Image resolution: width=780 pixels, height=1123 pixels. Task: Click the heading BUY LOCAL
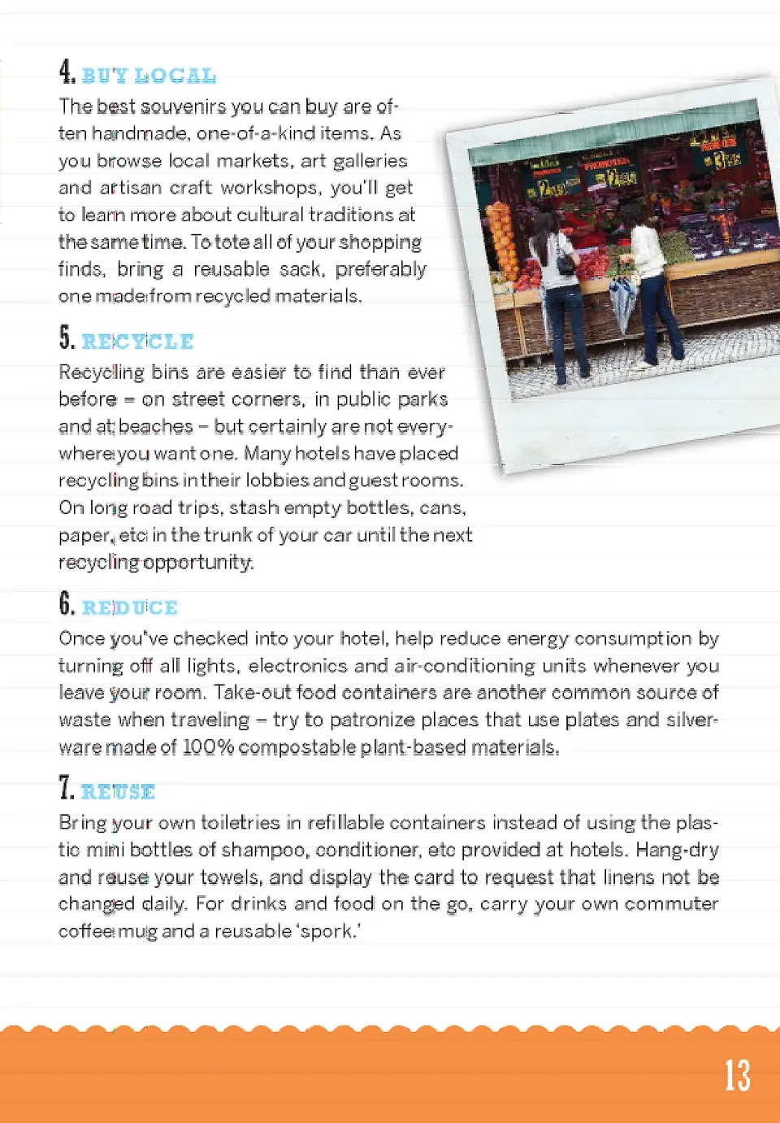pyautogui.click(x=149, y=76)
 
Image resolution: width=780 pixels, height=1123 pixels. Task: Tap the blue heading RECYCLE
pyautogui.click(x=137, y=342)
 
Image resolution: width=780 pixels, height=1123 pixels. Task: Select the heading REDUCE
pyautogui.click(x=129, y=607)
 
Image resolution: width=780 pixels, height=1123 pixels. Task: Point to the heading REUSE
pyautogui.click(x=118, y=791)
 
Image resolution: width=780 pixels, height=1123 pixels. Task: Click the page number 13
pyautogui.click(x=737, y=1075)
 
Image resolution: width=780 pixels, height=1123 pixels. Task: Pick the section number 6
pyautogui.click(x=67, y=603)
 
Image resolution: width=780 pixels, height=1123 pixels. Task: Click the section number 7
pyautogui.click(x=66, y=787)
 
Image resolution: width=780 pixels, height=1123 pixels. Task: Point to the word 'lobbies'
pyautogui.click(x=277, y=481)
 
